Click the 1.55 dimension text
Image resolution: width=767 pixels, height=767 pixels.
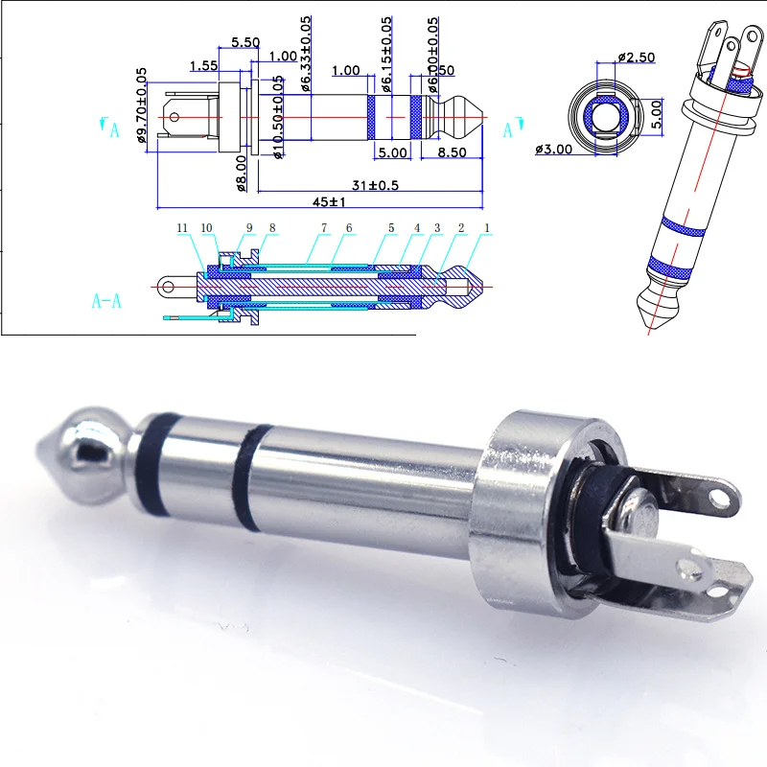[202, 66]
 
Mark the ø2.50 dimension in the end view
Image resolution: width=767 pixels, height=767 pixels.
[636, 58]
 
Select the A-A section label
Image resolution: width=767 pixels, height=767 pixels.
[106, 301]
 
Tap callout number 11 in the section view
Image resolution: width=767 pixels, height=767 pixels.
[183, 227]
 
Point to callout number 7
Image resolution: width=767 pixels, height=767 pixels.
[324, 227]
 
